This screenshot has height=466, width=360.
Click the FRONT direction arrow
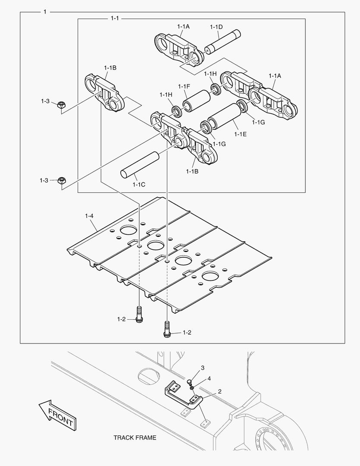57,415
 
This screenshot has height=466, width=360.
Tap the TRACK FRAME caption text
135,438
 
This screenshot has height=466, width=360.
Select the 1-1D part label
216,27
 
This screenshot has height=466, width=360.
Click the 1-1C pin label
139,185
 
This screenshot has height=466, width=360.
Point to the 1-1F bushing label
184,86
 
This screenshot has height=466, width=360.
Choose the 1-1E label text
240,134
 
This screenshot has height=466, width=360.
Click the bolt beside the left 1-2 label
139,314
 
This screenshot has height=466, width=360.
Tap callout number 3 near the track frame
203,368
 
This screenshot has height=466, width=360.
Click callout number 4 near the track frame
209,378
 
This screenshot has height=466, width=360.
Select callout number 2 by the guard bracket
219,391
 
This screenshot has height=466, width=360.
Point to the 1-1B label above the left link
110,68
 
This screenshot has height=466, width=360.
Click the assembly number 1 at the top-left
45,12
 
